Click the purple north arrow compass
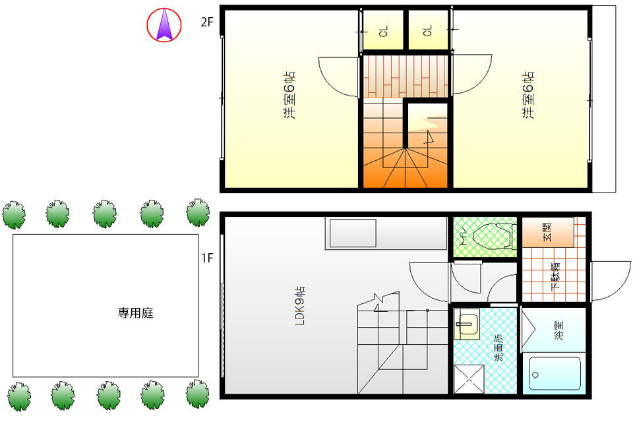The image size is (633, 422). click(164, 25)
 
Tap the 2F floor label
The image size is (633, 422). click(206, 22)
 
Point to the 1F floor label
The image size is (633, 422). click(207, 258)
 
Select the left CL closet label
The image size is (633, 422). click(384, 31)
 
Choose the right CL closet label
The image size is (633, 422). click(428, 31)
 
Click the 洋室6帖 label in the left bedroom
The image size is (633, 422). click(289, 96)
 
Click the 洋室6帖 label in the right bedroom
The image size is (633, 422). click(528, 96)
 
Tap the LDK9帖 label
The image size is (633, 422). click(299, 306)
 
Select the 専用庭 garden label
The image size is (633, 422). click(136, 313)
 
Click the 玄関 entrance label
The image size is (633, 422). click(547, 232)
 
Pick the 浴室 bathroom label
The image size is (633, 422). click(558, 330)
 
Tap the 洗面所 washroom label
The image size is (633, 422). click(499, 347)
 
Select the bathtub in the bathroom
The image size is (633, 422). click(555, 374)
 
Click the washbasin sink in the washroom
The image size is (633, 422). click(467, 324)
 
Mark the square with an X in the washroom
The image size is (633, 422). click(469, 378)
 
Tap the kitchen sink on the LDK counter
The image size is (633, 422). click(353, 233)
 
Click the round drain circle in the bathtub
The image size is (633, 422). click(535, 375)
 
